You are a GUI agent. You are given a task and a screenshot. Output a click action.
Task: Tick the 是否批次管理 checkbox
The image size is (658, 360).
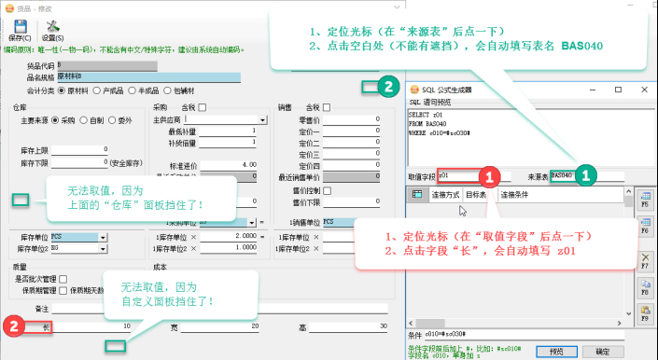[x=62, y=279]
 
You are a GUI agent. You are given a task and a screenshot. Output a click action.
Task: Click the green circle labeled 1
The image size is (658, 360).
[x=584, y=173]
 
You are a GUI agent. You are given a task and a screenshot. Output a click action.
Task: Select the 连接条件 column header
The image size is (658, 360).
[x=515, y=195]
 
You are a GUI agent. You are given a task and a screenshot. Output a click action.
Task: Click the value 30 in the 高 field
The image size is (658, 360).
[x=355, y=325]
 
